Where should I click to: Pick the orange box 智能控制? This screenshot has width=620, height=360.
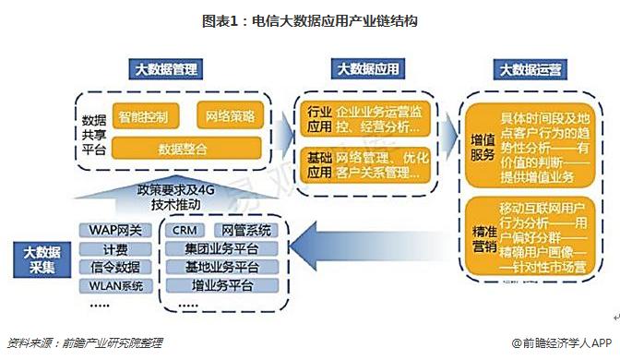pos(143,117)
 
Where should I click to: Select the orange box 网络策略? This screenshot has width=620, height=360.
pos(231,117)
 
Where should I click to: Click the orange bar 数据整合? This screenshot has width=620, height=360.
pos(188,148)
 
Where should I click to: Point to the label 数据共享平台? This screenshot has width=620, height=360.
pos(93,134)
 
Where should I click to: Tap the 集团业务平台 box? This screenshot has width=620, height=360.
pos(219,249)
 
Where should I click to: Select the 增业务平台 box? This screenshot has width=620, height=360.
pos(219,286)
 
